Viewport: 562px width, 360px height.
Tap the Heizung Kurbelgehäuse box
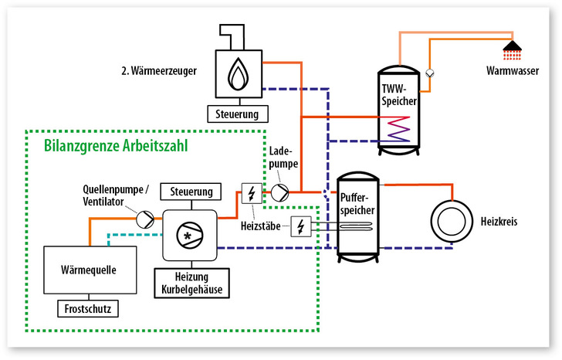191,282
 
